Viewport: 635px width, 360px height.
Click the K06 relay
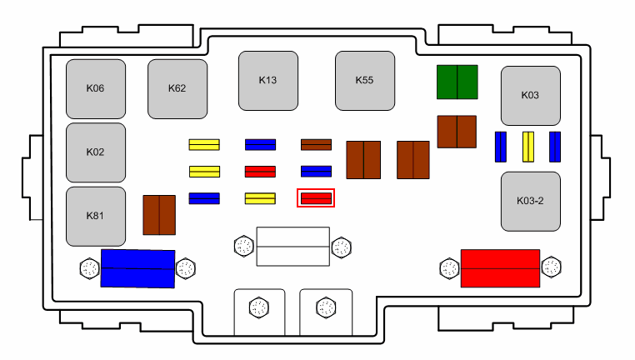(x=96, y=88)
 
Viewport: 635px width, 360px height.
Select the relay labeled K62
(x=177, y=88)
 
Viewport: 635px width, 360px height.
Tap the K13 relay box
(x=267, y=81)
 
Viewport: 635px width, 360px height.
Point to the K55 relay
(x=364, y=81)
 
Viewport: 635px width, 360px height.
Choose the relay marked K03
(x=530, y=96)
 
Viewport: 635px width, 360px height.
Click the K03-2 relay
(x=530, y=202)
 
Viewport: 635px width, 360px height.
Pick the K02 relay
(x=96, y=152)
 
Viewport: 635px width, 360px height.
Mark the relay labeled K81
(x=96, y=217)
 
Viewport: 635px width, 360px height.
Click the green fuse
(x=457, y=82)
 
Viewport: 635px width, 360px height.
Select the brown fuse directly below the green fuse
(x=457, y=132)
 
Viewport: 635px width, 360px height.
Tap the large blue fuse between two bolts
(x=137, y=268)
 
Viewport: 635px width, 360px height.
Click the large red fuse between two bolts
(x=500, y=268)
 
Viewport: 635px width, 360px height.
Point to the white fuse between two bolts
(x=292, y=246)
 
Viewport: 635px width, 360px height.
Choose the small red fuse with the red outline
(x=316, y=198)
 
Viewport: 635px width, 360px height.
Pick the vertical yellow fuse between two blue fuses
(x=527, y=147)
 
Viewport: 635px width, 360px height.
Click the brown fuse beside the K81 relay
(x=158, y=215)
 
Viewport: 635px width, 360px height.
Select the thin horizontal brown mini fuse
(x=316, y=145)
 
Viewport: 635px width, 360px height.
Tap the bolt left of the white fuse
(x=243, y=246)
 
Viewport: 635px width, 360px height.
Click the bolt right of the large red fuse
(x=551, y=267)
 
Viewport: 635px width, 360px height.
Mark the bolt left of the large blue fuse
(x=89, y=268)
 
